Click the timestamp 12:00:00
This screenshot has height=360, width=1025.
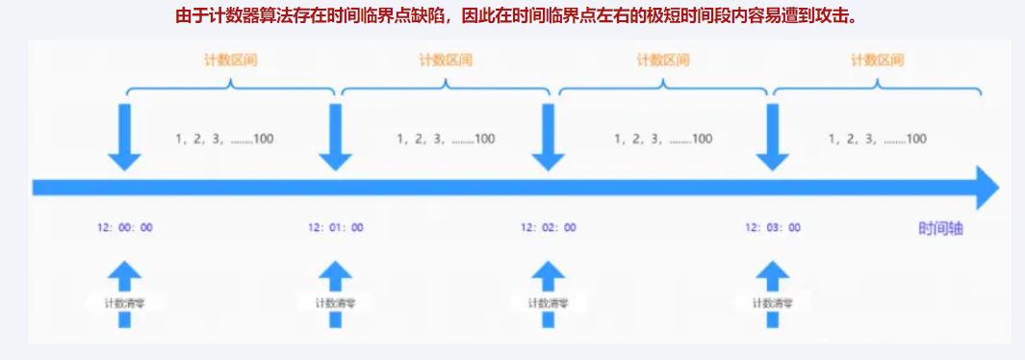click(x=124, y=228)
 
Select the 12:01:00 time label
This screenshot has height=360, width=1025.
click(x=336, y=228)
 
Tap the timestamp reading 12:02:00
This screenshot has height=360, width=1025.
click(x=549, y=228)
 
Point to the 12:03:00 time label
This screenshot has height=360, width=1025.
click(x=772, y=228)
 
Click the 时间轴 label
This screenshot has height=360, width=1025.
click(x=940, y=229)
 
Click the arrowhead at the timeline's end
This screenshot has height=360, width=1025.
click(x=987, y=187)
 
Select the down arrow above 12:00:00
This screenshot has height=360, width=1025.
click(x=124, y=141)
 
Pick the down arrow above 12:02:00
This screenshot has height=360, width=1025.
click(x=549, y=141)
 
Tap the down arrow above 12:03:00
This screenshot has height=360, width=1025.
click(x=772, y=141)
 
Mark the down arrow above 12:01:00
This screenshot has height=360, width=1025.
click(x=336, y=141)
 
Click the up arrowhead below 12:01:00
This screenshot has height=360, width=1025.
click(x=336, y=274)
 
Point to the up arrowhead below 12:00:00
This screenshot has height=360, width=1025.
click(x=124, y=274)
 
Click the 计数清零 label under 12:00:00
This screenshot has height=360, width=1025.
click(x=124, y=303)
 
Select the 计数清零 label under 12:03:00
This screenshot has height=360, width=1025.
click(x=772, y=303)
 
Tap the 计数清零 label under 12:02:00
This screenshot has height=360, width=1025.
click(x=549, y=303)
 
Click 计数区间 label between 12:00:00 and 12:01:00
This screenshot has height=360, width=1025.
click(x=230, y=60)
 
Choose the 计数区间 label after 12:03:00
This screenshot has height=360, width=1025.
click(x=877, y=60)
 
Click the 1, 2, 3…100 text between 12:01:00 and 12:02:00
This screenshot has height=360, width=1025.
click(x=446, y=139)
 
